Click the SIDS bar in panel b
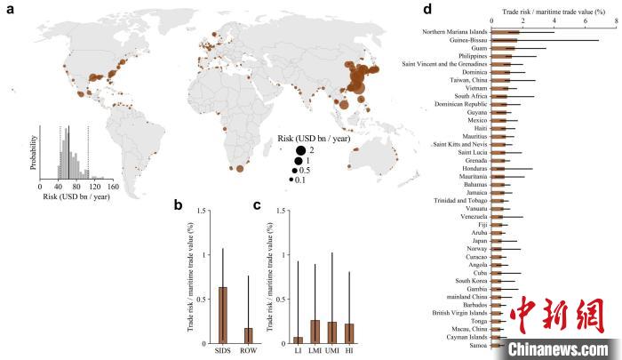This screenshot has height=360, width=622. [223, 315]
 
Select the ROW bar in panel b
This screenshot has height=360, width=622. [248, 335]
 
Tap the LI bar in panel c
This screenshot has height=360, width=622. [298, 340]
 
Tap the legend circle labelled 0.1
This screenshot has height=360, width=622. [290, 179]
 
